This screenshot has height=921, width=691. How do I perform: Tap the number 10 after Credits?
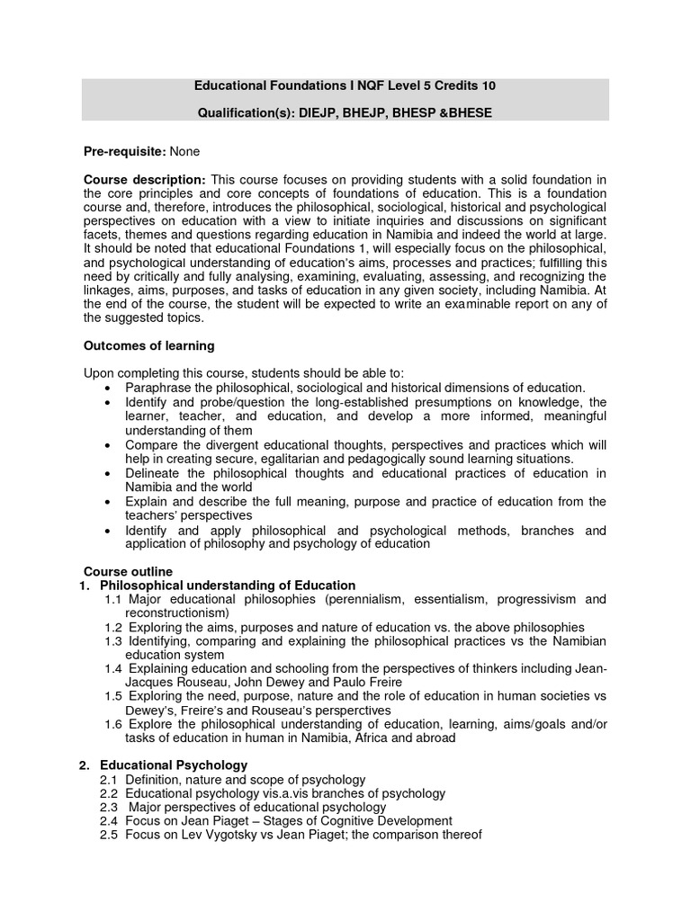487,86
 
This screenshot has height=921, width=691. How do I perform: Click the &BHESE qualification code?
469,113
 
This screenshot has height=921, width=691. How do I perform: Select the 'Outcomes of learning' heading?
148,345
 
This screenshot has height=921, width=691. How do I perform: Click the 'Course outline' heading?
128,571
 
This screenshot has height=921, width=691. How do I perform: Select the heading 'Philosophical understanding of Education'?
228,586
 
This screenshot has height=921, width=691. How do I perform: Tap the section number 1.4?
112,669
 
